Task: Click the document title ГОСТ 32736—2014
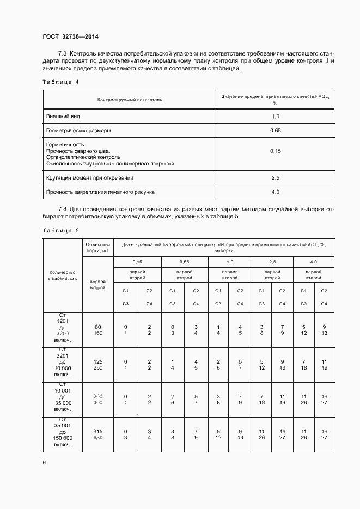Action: tap(71, 37)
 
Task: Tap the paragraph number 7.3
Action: tap(62, 54)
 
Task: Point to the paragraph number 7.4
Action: tap(62, 209)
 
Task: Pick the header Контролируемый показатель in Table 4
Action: tap(130, 100)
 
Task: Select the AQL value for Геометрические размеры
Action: tap(275, 131)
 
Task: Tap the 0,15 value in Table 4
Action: tap(275, 151)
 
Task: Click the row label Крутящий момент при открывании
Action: tap(90, 177)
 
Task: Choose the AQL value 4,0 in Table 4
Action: tap(275, 192)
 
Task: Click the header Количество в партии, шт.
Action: tap(62, 275)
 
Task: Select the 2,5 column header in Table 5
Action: tap(272, 262)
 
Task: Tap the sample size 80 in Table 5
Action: tap(97, 326)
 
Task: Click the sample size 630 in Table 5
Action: tap(97, 437)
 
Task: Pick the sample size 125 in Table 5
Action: tap(97, 361)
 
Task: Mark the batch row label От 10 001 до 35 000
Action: tap(62, 399)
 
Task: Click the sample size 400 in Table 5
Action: tap(97, 403)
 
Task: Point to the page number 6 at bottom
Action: tap(44, 462)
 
